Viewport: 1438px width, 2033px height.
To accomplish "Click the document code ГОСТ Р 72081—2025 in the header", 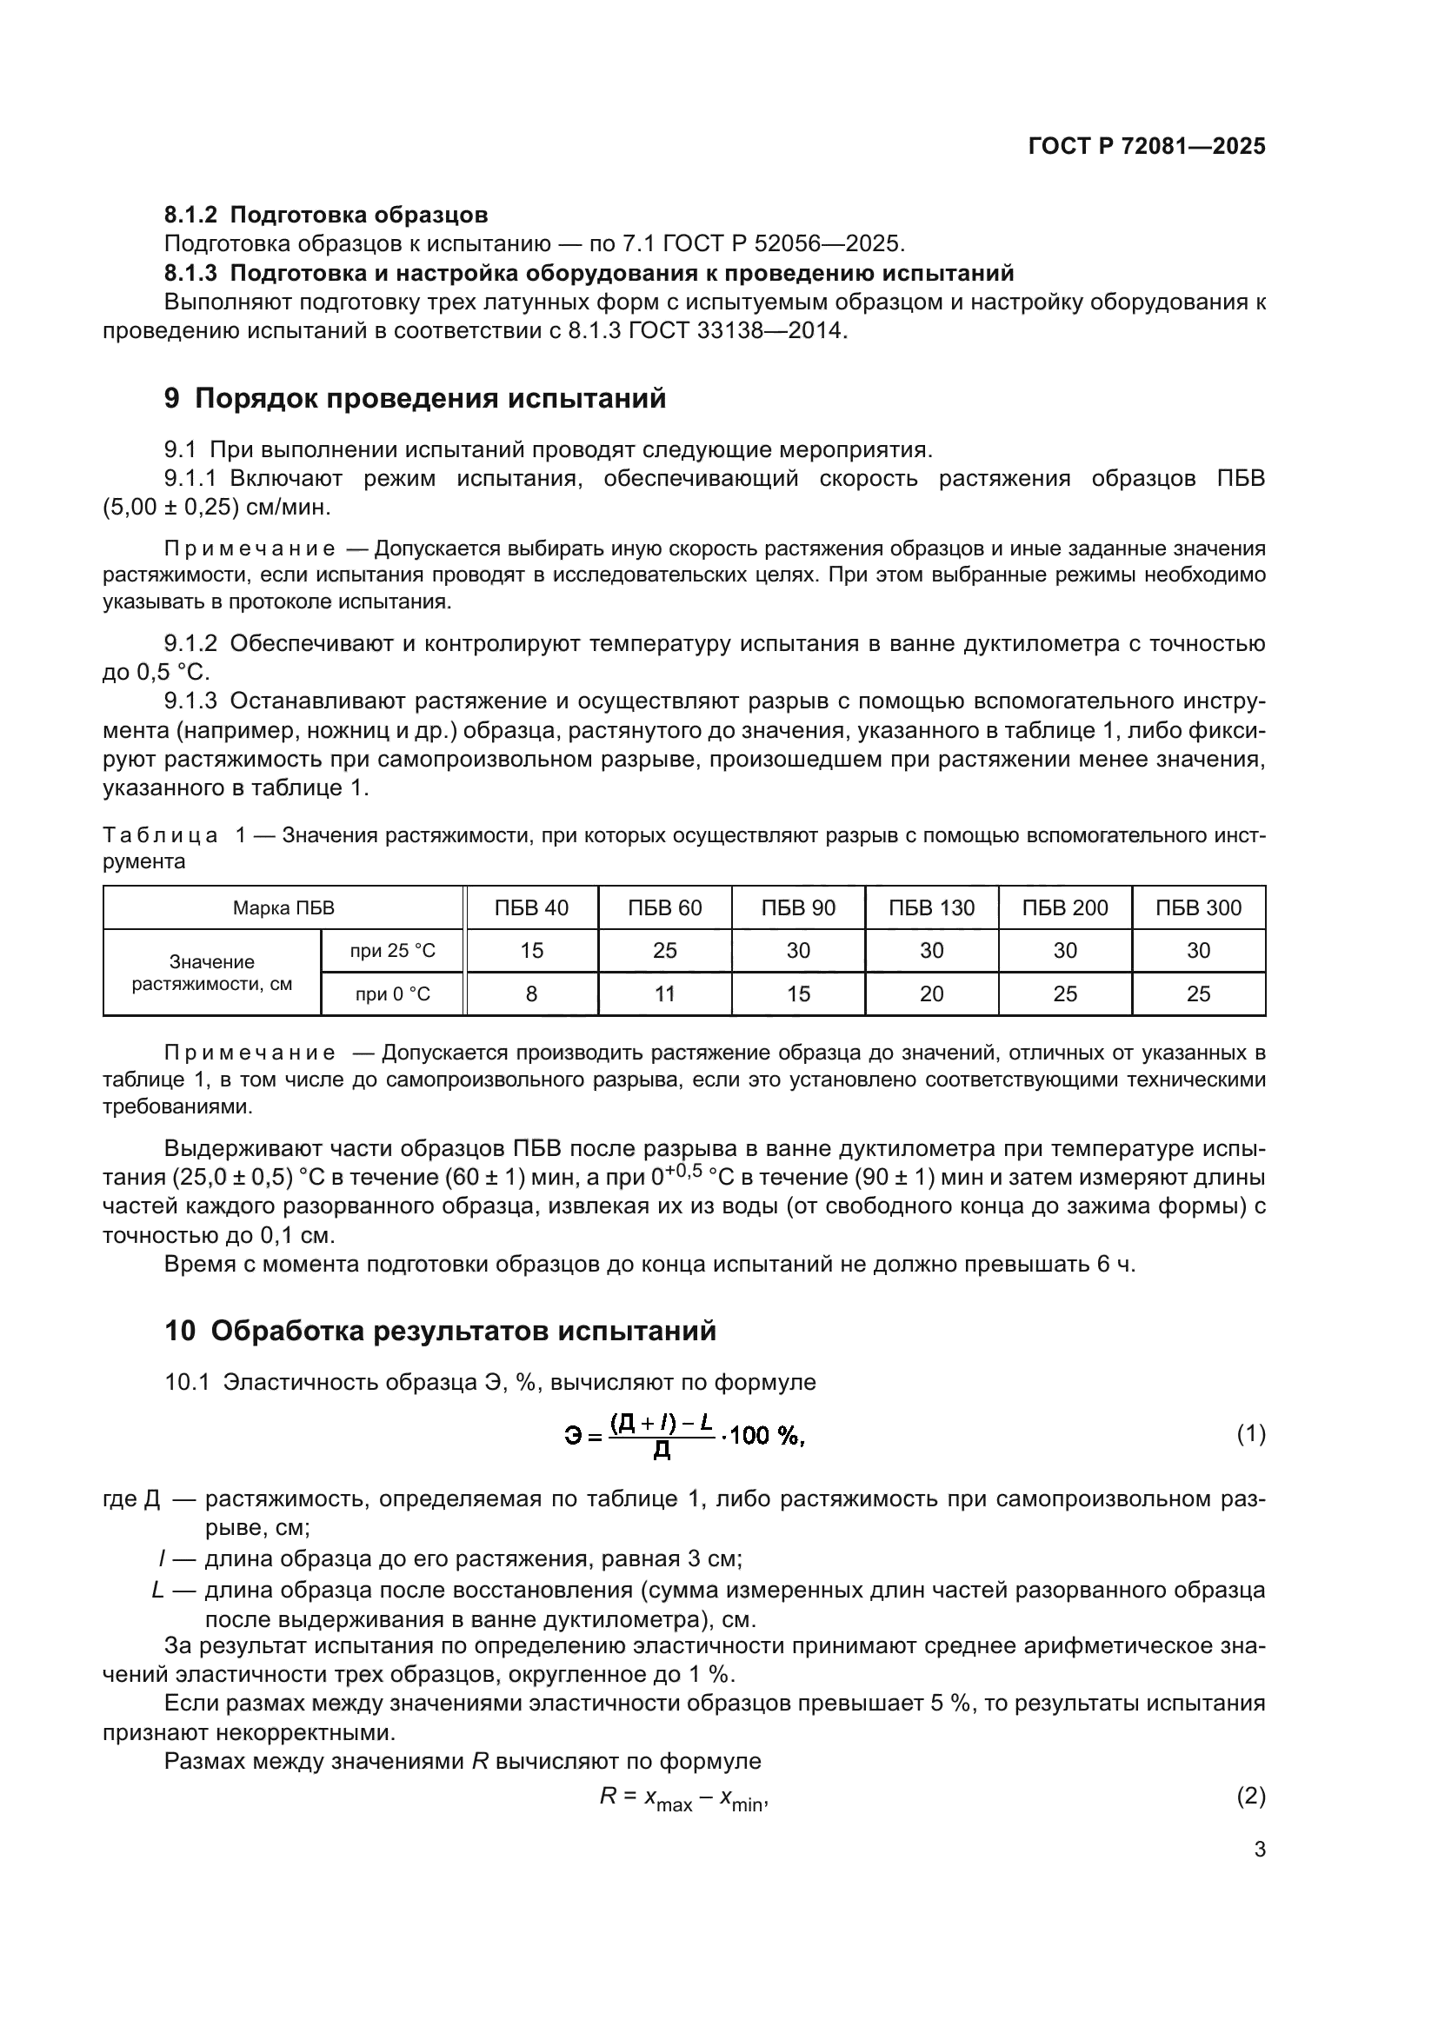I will (1147, 147).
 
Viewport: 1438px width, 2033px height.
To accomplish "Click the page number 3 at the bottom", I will (1259, 1850).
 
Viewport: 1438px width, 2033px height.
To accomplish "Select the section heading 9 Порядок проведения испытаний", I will (415, 398).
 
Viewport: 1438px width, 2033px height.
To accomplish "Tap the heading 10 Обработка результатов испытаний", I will (440, 1331).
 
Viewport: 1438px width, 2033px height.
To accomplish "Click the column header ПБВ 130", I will (931, 907).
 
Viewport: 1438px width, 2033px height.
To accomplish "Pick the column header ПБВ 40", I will (531, 907).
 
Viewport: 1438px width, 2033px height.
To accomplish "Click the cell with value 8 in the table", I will (531, 993).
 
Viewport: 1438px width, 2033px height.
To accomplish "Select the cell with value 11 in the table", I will (665, 993).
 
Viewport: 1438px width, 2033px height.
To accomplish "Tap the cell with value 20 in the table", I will (931, 993).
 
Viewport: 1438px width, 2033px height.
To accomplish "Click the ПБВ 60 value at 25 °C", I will (665, 950).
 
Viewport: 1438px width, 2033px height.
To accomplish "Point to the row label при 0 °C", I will (392, 993).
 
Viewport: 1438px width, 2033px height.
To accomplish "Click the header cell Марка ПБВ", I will (283, 907).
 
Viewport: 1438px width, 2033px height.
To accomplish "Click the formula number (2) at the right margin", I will (1250, 1796).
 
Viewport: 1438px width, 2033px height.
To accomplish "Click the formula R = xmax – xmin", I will (682, 1797).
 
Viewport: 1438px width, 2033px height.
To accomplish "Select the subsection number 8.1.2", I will (190, 216).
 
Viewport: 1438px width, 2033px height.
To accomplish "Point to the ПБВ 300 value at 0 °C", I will (1198, 993).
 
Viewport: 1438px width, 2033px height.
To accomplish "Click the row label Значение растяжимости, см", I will (211, 973).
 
